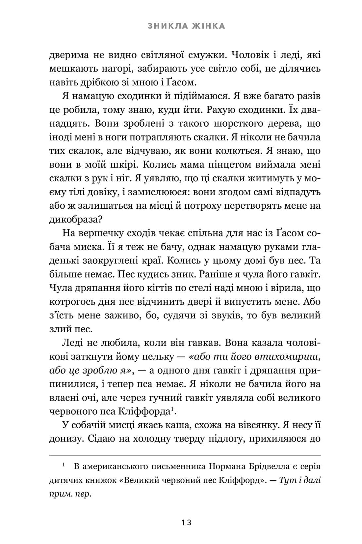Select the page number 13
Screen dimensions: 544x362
pyautogui.click(x=186, y=523)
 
